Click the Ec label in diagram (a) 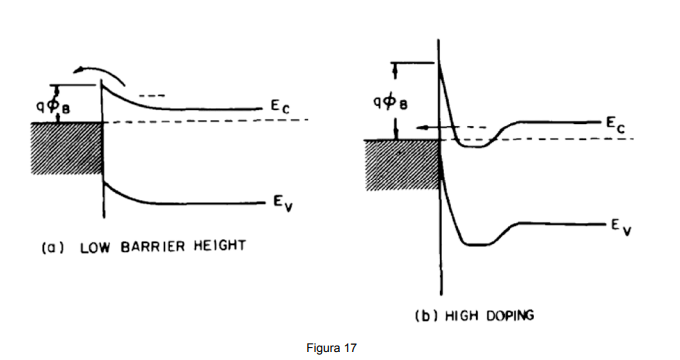(x=280, y=106)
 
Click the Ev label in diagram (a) (x=283, y=203)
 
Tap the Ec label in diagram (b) (x=616, y=125)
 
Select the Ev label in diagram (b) (x=621, y=226)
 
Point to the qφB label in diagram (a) (x=53, y=106)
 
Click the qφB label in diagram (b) (x=390, y=103)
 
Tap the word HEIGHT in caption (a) (x=220, y=246)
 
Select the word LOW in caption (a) (x=95, y=247)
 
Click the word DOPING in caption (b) (x=510, y=315)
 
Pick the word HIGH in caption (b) (x=462, y=316)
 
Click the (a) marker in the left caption (x=53, y=248)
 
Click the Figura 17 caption (x=331, y=348)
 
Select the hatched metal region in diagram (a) (x=67, y=148)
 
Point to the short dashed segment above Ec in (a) (x=152, y=95)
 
